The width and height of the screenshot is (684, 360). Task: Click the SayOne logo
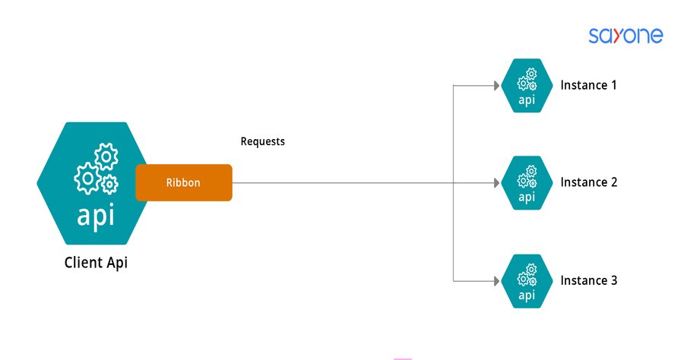(x=625, y=35)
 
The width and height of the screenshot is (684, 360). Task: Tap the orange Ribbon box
(x=183, y=182)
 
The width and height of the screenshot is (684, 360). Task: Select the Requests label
(x=262, y=141)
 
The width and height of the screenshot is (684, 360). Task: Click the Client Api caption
(x=101, y=264)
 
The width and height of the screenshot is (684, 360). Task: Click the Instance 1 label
(x=588, y=85)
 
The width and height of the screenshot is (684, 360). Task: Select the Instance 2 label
(x=588, y=182)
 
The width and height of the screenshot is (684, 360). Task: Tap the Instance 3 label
(x=588, y=280)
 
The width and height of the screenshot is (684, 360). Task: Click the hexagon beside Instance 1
(x=527, y=85)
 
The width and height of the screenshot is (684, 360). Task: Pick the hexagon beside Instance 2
(x=527, y=182)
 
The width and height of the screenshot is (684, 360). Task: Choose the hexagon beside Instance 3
(x=527, y=280)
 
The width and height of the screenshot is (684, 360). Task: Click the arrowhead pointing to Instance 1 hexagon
(x=495, y=85)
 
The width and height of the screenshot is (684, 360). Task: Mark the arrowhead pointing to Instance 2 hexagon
(x=495, y=182)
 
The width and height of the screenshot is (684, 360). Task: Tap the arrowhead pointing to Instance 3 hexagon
(x=495, y=280)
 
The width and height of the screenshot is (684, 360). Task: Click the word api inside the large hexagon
(x=96, y=216)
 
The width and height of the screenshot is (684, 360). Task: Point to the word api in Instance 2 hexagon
(x=527, y=197)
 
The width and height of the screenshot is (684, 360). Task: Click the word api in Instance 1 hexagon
(x=527, y=100)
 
